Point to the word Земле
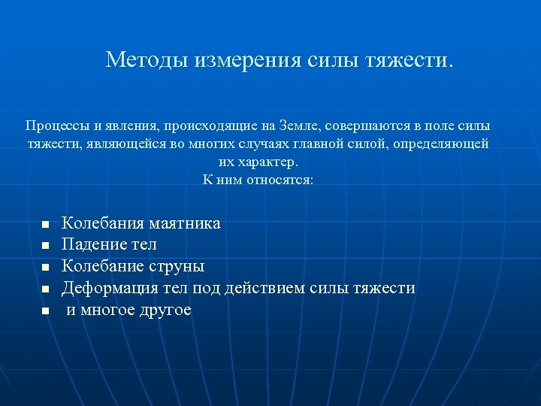coord(298,125)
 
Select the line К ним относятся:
coord(258,180)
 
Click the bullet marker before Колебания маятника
coord(45,225)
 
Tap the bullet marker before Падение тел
coord(45,246)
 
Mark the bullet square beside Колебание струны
coord(45,267)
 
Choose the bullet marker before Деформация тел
coord(45,289)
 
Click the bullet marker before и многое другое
coord(45,311)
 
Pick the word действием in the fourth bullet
coord(289,288)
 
